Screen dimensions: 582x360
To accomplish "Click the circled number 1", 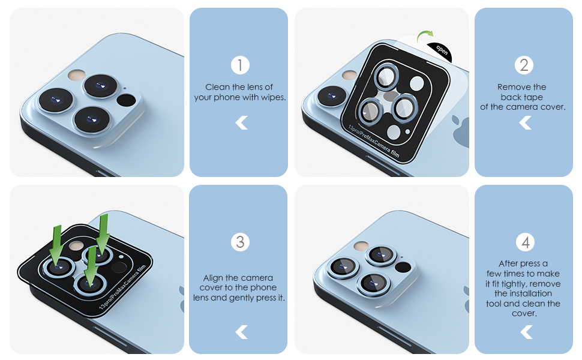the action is coord(240,65).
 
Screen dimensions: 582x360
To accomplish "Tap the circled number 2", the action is coord(524,65).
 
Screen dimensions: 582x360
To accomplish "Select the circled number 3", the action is coord(240,242).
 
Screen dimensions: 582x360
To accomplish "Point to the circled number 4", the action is coord(525,242).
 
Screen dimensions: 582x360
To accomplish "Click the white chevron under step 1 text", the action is coord(241,123).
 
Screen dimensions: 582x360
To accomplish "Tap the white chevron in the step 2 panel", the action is coord(525,122).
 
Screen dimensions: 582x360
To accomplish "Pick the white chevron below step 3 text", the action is coord(241,332).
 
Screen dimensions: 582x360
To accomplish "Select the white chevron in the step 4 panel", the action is coord(526,332).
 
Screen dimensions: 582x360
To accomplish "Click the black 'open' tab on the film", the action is coord(440,51).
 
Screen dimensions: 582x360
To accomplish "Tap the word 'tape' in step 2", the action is coord(534,97).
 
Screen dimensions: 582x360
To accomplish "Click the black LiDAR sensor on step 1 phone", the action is coord(126,100).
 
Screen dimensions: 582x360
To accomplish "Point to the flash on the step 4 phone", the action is coord(361,246).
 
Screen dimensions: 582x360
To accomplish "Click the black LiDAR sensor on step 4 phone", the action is coord(403,267).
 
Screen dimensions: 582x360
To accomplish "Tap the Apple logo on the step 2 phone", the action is coord(461,132).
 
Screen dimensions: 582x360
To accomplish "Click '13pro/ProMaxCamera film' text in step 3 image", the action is coord(122,287).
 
